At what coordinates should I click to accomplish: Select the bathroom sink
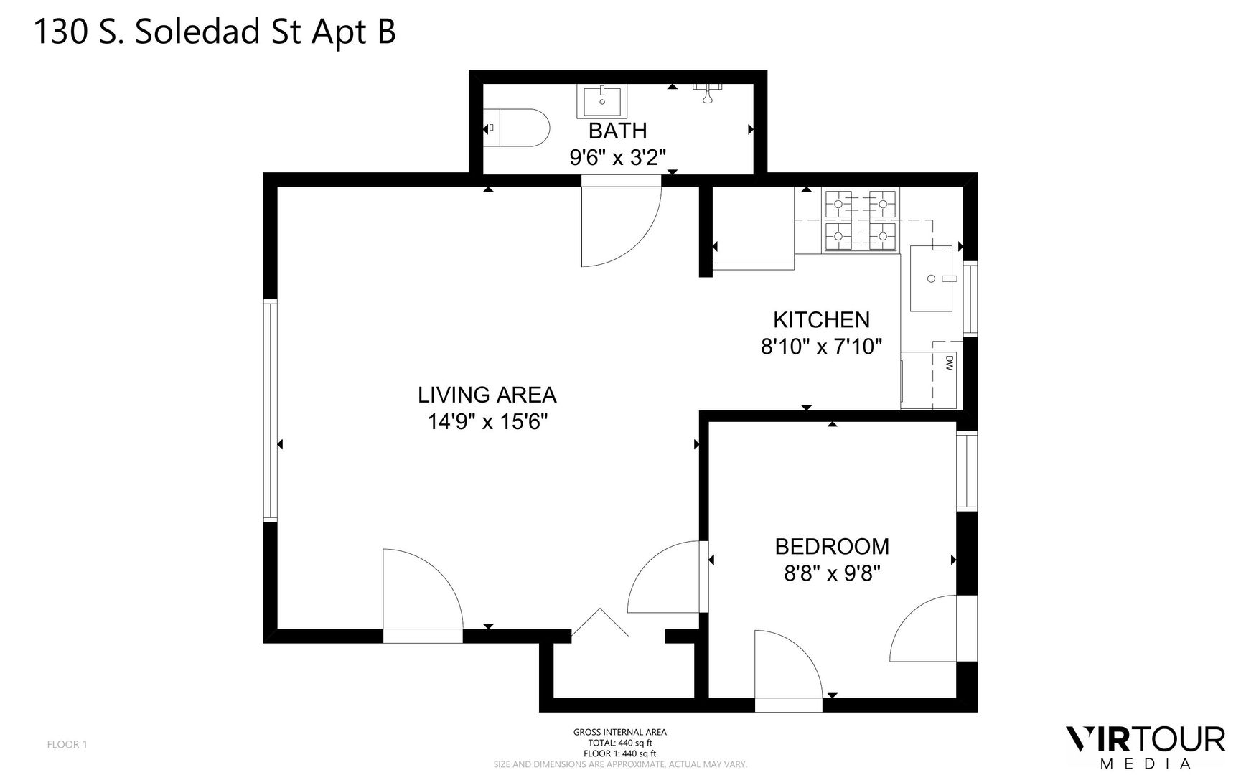(x=602, y=101)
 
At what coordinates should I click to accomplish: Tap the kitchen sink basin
(x=932, y=278)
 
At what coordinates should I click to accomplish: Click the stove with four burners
(x=861, y=221)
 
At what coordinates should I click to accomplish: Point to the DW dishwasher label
(x=948, y=362)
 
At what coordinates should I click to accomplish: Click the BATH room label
(x=617, y=131)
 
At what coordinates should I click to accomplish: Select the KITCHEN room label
(x=821, y=319)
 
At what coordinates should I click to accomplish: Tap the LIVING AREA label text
(x=487, y=395)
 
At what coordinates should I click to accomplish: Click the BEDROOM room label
(x=832, y=546)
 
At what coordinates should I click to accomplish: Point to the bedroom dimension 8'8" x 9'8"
(x=832, y=573)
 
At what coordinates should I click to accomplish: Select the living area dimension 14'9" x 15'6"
(x=488, y=422)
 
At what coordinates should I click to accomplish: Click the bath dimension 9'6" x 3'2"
(x=618, y=157)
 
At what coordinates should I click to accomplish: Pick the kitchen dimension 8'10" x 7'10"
(x=821, y=347)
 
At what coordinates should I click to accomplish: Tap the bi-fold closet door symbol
(x=600, y=621)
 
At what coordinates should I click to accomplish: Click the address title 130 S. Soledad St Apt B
(x=215, y=32)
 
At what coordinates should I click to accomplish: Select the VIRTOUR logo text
(x=1146, y=739)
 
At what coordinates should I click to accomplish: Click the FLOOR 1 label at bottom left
(x=67, y=744)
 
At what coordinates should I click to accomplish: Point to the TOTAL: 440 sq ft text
(x=620, y=743)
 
